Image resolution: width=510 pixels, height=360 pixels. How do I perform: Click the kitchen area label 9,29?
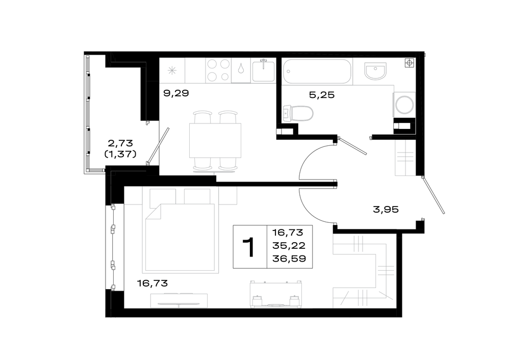176,94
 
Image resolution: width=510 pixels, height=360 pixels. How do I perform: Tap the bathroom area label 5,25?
322,95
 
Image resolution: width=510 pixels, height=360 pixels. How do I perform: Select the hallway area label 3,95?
386,210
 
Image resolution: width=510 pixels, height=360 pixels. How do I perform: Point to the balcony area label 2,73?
120,143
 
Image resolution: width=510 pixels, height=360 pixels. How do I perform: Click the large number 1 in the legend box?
250,247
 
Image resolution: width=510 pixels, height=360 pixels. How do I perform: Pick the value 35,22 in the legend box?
289,246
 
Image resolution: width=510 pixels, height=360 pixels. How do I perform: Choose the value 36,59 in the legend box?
289,259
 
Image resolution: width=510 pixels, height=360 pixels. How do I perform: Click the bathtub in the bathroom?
317,71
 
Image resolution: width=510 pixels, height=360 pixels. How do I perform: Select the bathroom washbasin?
375,71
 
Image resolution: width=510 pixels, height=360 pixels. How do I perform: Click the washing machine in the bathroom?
404,105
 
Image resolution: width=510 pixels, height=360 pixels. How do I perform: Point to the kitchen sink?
264,70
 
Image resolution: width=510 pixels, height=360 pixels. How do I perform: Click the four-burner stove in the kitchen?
218,70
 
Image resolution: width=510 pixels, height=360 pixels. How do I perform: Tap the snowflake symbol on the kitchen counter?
172,70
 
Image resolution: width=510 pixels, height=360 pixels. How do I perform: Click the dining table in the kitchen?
215,140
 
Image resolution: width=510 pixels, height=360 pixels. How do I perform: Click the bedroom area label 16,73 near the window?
152,284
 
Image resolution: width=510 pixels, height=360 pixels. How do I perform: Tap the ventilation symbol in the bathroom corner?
410,63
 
